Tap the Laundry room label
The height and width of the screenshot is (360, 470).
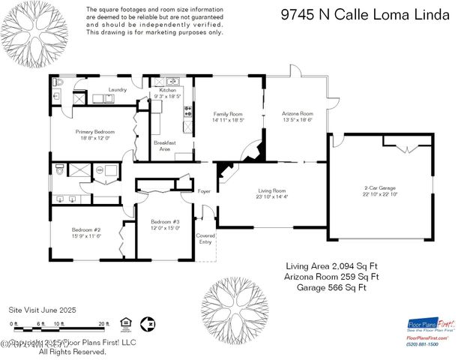[x=118, y=90]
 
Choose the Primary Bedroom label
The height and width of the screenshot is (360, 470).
[x=94, y=131]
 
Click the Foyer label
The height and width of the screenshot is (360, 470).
[x=204, y=191]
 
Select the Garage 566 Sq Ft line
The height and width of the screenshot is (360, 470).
[x=331, y=286]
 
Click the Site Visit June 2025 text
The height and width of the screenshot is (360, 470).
[x=42, y=308]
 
